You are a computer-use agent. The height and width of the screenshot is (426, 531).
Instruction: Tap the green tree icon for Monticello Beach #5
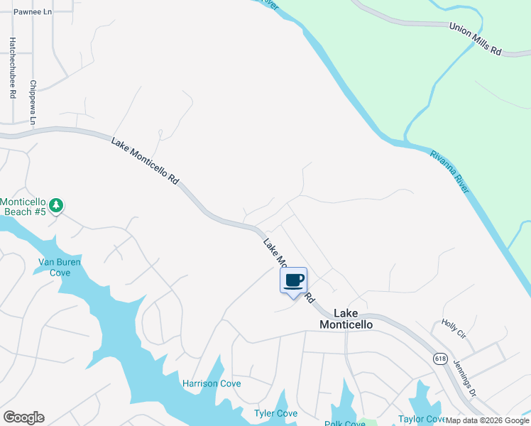[56, 206]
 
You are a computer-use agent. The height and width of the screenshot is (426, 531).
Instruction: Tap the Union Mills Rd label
[475, 38]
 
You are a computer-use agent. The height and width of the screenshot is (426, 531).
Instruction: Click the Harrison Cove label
[212, 383]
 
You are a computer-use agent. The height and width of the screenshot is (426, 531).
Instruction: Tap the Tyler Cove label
[276, 413]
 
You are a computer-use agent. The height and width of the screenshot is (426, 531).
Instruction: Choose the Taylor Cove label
[421, 419]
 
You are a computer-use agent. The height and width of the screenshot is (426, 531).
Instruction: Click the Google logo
[23, 417]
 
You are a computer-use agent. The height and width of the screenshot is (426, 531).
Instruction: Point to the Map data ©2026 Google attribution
[487, 420]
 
